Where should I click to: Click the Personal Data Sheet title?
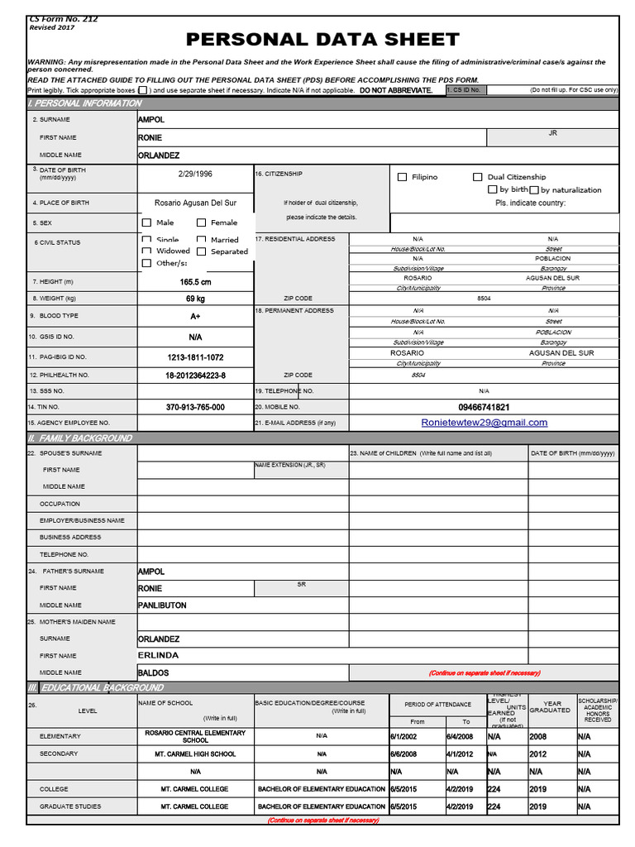(x=322, y=39)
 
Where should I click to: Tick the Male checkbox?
(x=147, y=223)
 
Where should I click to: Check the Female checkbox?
(x=202, y=223)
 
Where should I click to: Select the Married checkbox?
(x=202, y=240)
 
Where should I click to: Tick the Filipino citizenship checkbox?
(x=403, y=177)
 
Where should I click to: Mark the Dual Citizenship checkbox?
(x=478, y=177)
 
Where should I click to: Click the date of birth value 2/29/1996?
(x=195, y=175)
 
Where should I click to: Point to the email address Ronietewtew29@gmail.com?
(x=484, y=423)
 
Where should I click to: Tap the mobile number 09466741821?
(x=484, y=407)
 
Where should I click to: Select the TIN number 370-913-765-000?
(x=195, y=407)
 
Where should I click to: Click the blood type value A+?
(x=195, y=316)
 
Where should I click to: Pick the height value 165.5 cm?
(x=195, y=282)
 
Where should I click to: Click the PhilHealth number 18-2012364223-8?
(x=195, y=375)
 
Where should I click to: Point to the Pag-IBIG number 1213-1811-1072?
(x=195, y=357)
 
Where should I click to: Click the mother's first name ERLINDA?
(x=158, y=655)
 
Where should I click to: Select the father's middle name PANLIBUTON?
(x=162, y=605)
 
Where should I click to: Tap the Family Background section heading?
(x=80, y=438)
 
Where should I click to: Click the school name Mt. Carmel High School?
(x=195, y=754)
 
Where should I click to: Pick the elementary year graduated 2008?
(x=538, y=736)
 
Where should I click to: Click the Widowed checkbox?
(x=147, y=251)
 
